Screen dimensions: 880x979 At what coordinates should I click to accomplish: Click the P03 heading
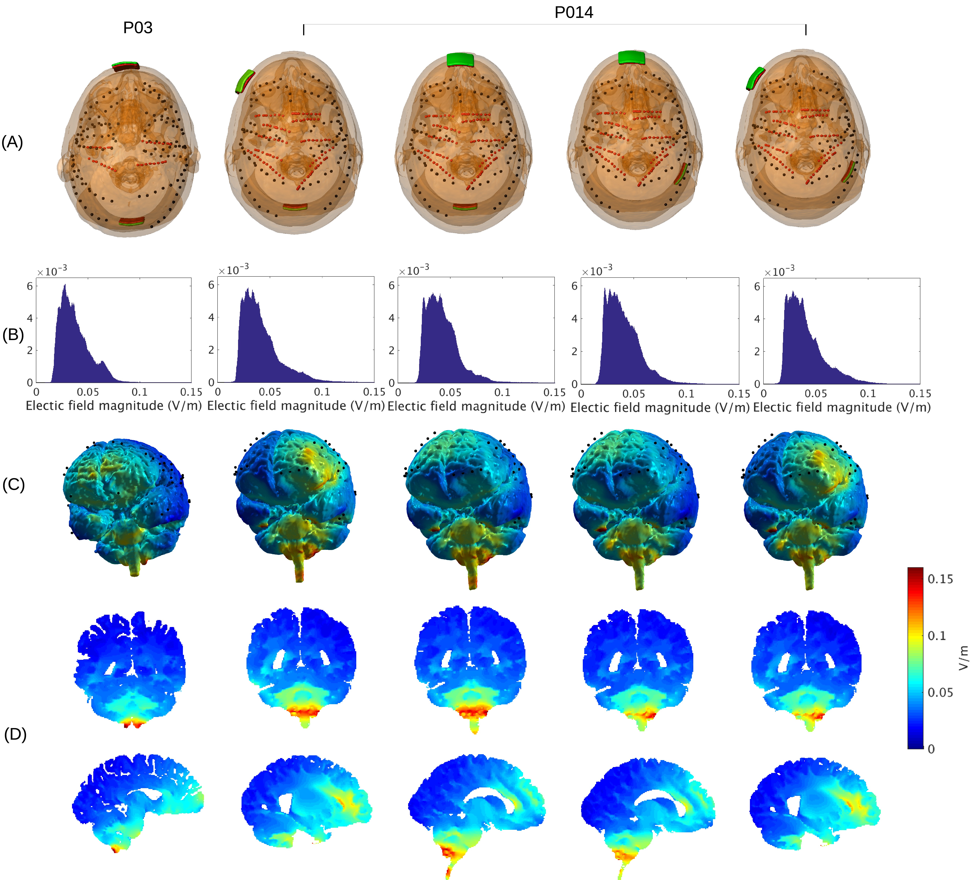click(138, 27)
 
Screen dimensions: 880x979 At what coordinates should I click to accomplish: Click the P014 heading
click(574, 12)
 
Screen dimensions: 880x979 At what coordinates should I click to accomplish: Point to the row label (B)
click(13, 335)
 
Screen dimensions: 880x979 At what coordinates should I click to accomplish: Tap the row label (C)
click(14, 485)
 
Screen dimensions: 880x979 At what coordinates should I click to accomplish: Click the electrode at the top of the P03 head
click(126, 66)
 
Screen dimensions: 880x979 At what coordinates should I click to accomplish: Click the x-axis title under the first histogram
click(114, 406)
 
